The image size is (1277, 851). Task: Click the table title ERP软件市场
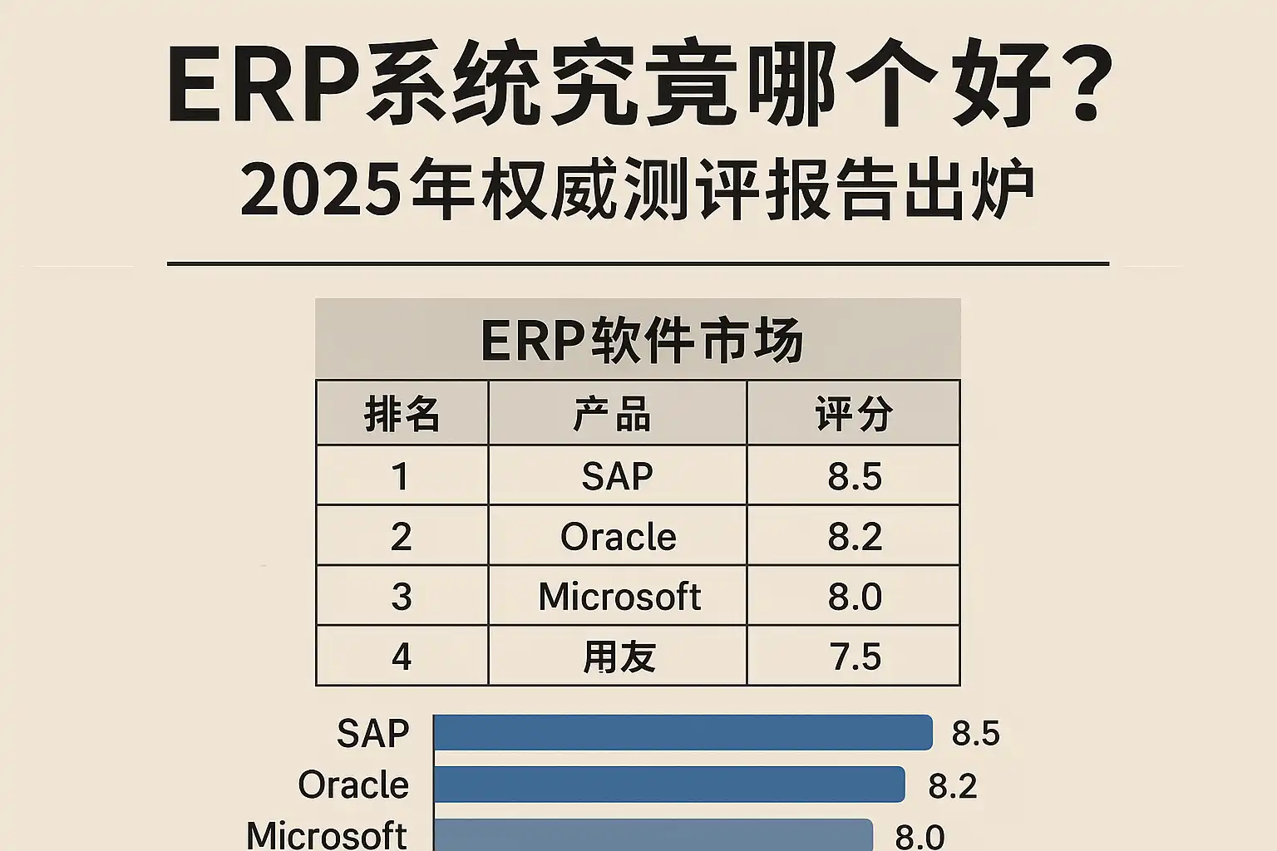[x=641, y=340]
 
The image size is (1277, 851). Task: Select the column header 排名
[x=402, y=413]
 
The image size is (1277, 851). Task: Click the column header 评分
[x=854, y=413]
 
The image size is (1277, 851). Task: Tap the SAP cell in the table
[x=617, y=476]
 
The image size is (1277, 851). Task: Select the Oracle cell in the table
[x=618, y=536]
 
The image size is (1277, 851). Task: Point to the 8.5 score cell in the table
[x=854, y=476]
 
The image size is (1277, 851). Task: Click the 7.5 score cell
[x=855, y=657]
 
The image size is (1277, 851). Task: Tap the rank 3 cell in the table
[x=402, y=597]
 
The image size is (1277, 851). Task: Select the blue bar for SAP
[x=683, y=733]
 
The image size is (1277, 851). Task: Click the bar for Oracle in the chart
[x=668, y=785]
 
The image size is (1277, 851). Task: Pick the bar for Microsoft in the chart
[x=653, y=834]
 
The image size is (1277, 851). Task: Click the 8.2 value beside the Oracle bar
[x=952, y=785]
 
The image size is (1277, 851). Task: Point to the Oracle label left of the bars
[x=353, y=785]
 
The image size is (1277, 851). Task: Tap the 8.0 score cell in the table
[x=854, y=597]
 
